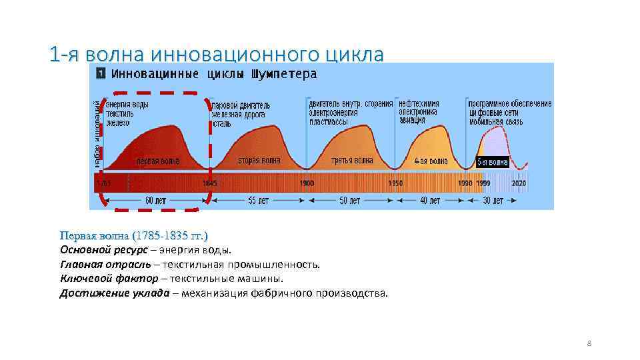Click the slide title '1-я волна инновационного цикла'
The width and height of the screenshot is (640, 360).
click(x=217, y=54)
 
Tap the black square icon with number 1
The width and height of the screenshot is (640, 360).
click(x=100, y=74)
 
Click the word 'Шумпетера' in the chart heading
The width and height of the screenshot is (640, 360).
click(x=283, y=74)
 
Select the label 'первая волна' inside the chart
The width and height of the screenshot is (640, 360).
click(x=158, y=161)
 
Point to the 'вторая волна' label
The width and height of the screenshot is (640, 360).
click(x=259, y=161)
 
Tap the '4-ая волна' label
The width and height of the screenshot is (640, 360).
click(x=430, y=161)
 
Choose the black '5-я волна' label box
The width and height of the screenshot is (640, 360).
click(x=493, y=162)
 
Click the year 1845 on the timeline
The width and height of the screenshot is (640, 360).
click(x=209, y=183)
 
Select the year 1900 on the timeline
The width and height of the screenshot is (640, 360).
click(x=307, y=183)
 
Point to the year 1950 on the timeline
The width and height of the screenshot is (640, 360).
click(x=396, y=183)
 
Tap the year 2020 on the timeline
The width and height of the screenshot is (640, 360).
click(x=518, y=183)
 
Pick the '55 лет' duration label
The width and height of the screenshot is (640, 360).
click(x=259, y=200)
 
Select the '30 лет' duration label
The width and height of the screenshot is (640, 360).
click(x=493, y=200)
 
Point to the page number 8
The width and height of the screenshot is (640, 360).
click(x=589, y=343)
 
